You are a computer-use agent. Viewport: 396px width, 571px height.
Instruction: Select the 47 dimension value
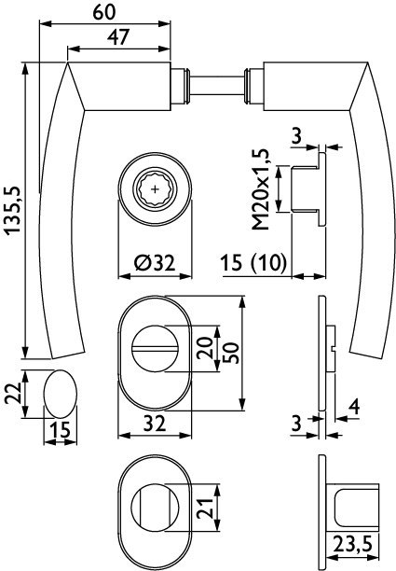(118, 37)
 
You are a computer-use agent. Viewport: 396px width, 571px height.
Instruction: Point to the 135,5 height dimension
(11, 210)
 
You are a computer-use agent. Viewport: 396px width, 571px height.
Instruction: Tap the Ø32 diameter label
(155, 262)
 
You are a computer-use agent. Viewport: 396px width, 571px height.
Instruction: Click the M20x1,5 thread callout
(261, 189)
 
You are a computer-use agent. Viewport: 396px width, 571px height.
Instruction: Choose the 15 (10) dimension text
(253, 262)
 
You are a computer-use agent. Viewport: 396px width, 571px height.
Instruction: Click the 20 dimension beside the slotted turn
(205, 348)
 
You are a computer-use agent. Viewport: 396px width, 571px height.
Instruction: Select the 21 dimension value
(205, 508)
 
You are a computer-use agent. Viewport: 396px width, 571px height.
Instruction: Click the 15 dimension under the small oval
(60, 430)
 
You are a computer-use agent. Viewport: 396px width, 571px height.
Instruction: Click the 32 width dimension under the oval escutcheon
(154, 424)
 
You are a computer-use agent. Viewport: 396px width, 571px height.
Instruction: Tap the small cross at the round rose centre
(155, 189)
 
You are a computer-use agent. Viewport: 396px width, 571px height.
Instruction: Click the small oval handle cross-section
(60, 394)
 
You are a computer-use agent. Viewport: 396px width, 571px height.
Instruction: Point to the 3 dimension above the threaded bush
(296, 137)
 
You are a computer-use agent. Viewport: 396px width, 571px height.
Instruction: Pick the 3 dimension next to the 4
(296, 424)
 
